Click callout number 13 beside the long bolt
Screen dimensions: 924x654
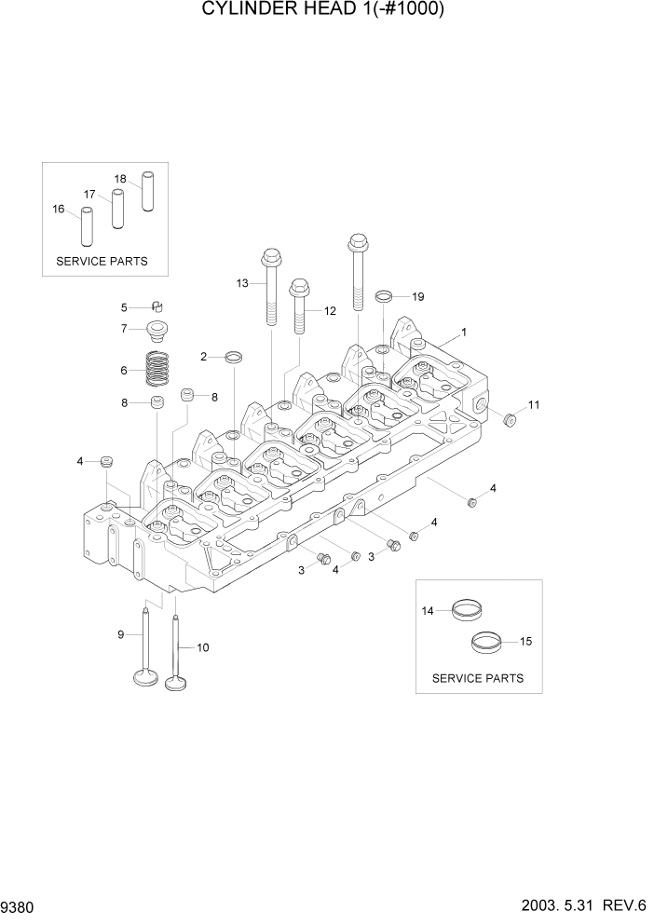pos(242,283)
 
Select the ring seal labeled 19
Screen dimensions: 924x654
pos(384,297)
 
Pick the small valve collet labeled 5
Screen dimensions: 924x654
pos(157,307)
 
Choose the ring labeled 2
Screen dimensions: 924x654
pos(236,357)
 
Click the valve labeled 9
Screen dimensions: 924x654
pos(146,652)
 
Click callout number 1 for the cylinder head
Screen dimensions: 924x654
pos(464,332)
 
